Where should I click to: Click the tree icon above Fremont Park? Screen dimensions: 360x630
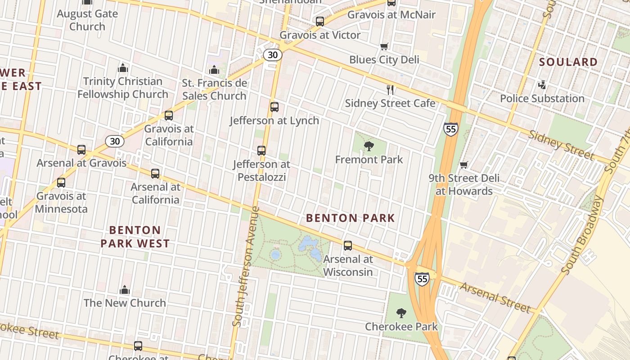[369, 146]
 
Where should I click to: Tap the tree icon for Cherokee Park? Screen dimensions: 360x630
[401, 313]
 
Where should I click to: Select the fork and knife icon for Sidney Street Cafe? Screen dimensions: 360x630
[390, 90]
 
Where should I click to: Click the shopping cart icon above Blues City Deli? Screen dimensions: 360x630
[384, 46]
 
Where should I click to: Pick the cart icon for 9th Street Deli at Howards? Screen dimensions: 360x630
[464, 165]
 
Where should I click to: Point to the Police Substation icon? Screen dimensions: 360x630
[542, 85]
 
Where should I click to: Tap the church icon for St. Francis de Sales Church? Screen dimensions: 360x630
[214, 70]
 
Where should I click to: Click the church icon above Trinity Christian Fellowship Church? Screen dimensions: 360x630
[123, 68]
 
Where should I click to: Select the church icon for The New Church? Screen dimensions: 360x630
[125, 290]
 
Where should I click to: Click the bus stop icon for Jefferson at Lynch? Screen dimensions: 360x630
[274, 107]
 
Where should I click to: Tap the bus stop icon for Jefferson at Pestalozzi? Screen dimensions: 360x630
[261, 151]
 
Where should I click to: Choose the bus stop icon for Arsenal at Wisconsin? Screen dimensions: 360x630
[348, 246]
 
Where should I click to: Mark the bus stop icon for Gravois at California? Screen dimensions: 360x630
[169, 116]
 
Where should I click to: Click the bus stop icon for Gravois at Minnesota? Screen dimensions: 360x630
[61, 183]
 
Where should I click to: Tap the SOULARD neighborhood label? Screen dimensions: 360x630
[568, 62]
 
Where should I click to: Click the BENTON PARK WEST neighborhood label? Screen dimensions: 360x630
[135, 237]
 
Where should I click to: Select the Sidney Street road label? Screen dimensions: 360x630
[561, 145]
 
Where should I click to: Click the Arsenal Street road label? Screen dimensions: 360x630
[495, 297]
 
